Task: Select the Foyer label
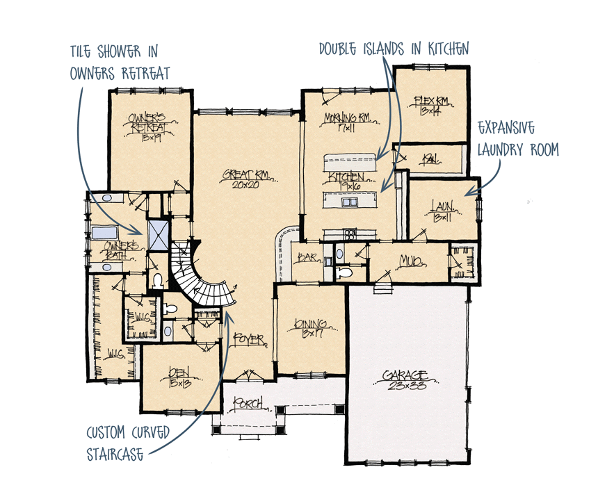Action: click(x=250, y=340)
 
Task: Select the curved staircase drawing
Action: click(x=198, y=278)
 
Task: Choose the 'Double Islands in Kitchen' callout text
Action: click(x=394, y=48)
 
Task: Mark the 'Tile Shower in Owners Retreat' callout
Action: click(x=119, y=63)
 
